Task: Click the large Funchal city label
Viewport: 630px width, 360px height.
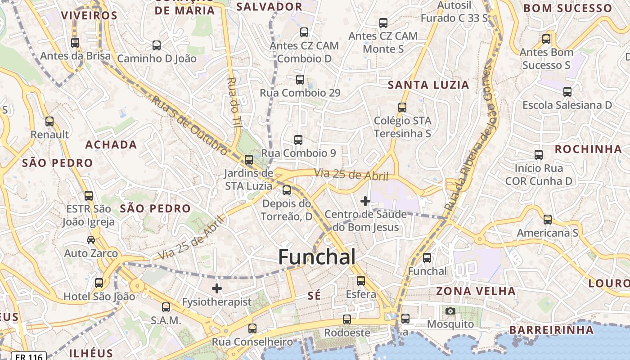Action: (x=317, y=257)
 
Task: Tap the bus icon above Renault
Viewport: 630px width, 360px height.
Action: (x=49, y=121)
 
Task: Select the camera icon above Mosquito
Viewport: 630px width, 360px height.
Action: (x=450, y=311)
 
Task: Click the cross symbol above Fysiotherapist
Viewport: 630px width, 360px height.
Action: (x=217, y=288)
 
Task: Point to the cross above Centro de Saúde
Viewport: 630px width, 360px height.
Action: (x=365, y=201)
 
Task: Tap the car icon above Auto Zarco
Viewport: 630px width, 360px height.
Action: (x=91, y=240)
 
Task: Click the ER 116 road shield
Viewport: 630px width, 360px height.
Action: (x=29, y=356)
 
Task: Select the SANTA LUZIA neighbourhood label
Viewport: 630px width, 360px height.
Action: (x=428, y=85)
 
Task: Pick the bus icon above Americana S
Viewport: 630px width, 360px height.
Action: (x=547, y=220)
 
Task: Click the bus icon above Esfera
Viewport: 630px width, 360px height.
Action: (x=361, y=281)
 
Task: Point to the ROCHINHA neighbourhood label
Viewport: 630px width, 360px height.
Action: (x=588, y=149)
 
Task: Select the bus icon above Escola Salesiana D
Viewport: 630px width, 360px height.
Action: (x=567, y=92)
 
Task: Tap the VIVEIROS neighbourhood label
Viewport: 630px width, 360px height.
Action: (x=89, y=16)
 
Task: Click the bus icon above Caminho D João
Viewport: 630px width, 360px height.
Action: (x=157, y=45)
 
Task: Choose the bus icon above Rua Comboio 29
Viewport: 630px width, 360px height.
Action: (x=300, y=80)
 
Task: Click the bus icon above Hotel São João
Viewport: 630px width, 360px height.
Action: (x=99, y=283)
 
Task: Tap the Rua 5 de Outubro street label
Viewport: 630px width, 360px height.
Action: (x=189, y=125)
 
